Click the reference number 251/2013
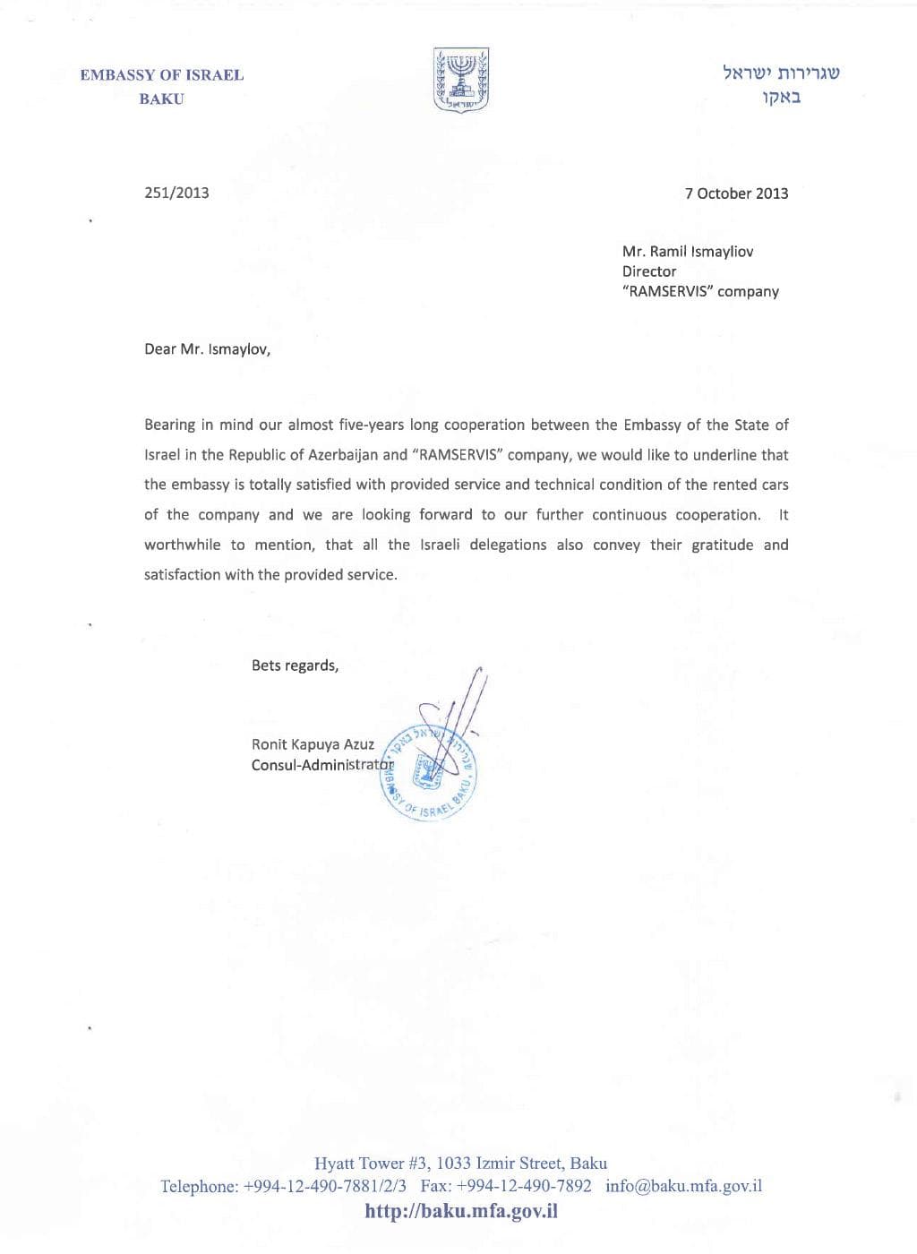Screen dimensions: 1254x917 [176, 193]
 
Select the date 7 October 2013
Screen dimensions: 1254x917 [736, 193]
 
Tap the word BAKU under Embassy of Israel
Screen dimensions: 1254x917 [161, 99]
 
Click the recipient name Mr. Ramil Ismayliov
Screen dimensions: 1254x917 [688, 252]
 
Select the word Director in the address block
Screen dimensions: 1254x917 [649, 271]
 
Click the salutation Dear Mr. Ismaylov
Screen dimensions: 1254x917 [207, 349]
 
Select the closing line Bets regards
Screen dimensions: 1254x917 [295, 666]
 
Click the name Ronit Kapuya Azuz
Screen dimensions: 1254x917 [313, 744]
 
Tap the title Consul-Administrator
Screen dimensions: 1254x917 [322, 766]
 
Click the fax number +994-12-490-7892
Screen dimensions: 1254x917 [524, 1186]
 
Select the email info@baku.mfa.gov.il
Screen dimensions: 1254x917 [683, 1186]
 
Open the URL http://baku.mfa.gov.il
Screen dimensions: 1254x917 [461, 1211]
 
